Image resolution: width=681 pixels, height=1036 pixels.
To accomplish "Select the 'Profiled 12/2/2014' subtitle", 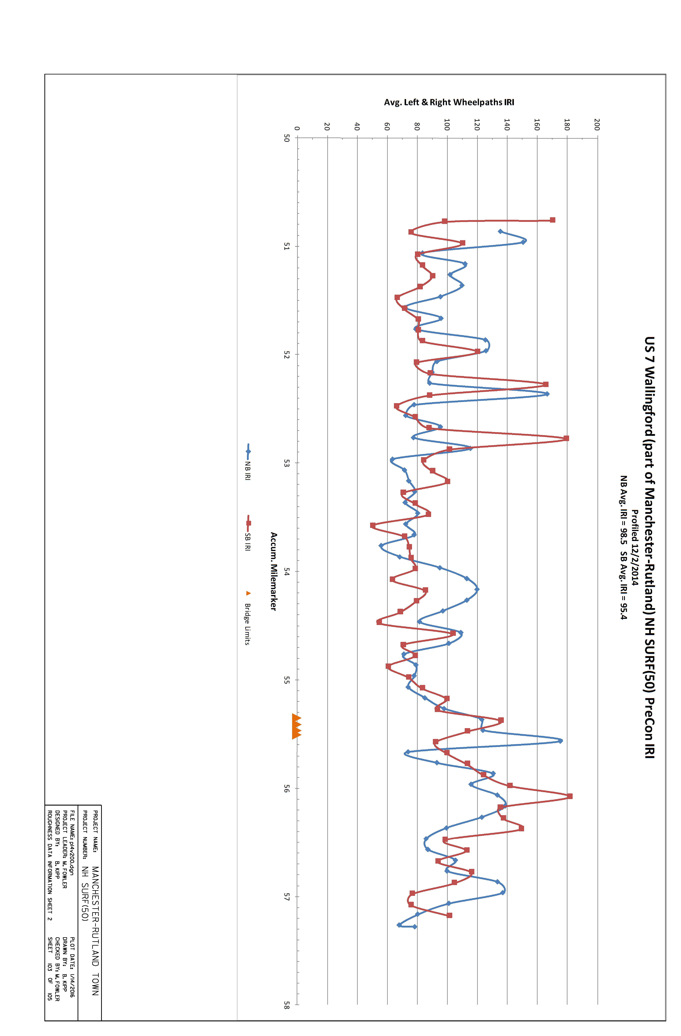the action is [635, 548].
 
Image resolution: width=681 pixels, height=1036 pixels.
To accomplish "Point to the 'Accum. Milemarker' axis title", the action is [273, 571].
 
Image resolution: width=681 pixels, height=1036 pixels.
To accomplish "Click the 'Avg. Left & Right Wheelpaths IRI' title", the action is [449, 102].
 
